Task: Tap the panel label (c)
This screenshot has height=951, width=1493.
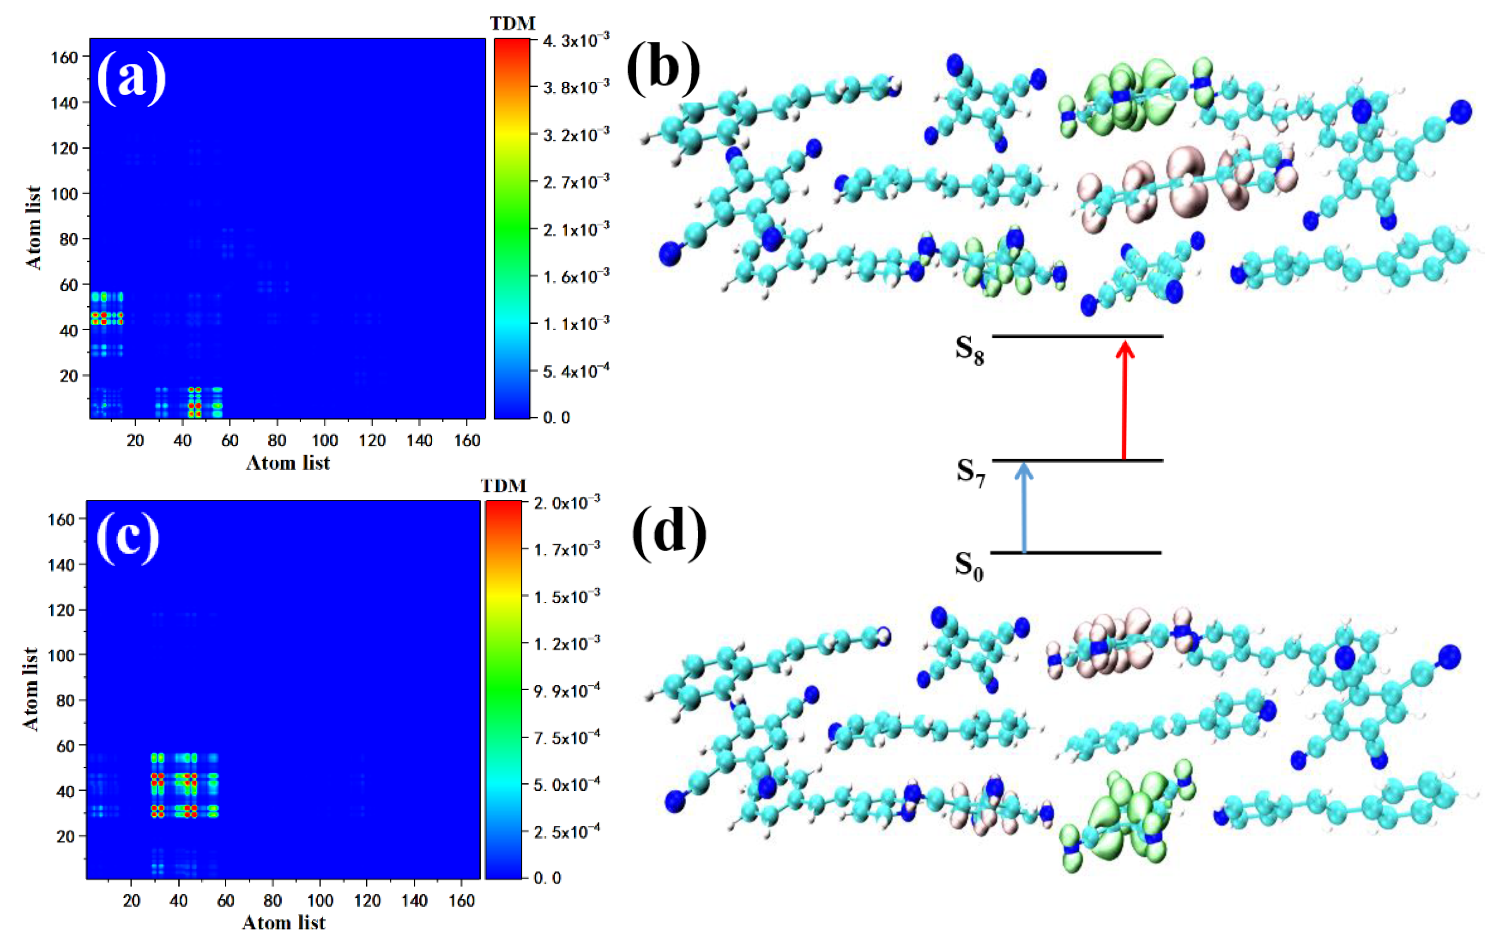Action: coord(128,536)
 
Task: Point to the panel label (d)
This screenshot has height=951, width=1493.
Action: coord(669,532)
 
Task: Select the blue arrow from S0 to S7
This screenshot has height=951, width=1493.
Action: coord(1024,509)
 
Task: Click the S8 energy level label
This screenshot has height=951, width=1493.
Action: coord(969,351)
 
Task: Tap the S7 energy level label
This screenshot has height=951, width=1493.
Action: coord(970,472)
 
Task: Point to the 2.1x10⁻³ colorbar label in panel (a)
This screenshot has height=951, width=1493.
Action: coord(575,230)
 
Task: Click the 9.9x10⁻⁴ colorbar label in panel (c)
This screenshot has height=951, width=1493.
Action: coord(566,690)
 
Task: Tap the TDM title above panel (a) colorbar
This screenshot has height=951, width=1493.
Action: coord(512,24)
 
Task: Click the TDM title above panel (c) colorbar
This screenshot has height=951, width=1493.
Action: coord(503,485)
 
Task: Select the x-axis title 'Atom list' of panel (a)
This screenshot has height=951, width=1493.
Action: coord(288,462)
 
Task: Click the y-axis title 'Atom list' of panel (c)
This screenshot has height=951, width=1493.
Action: coord(31,688)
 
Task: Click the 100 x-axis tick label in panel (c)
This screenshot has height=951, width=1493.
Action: coord(320,900)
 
